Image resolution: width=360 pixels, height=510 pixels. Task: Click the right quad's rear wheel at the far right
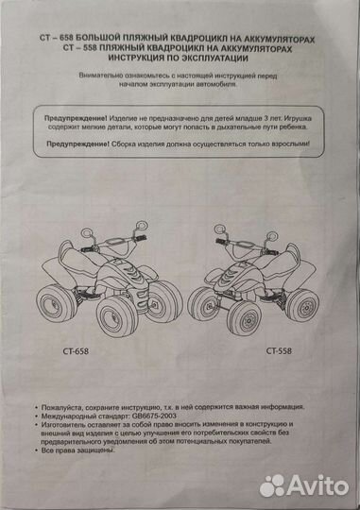[302, 303]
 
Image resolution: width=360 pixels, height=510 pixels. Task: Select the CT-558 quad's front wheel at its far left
[204, 304]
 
